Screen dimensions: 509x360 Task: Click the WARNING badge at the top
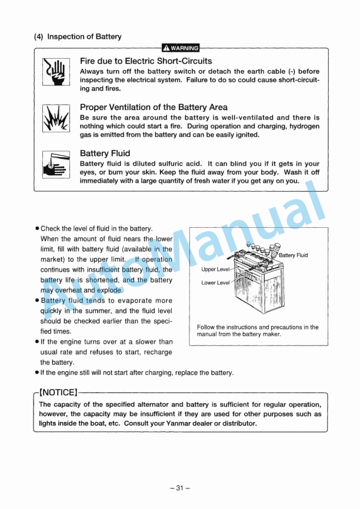click(x=181, y=48)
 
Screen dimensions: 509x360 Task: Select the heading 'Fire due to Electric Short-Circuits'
click(x=146, y=61)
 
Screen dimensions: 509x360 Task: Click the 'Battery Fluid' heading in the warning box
click(x=105, y=154)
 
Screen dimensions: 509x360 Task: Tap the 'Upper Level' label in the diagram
click(x=215, y=270)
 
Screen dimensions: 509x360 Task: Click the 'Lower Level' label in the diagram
click(x=215, y=283)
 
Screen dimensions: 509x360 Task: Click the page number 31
click(x=180, y=487)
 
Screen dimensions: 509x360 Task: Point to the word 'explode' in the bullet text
click(x=111, y=290)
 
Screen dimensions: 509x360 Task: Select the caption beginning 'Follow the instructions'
click(x=258, y=331)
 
